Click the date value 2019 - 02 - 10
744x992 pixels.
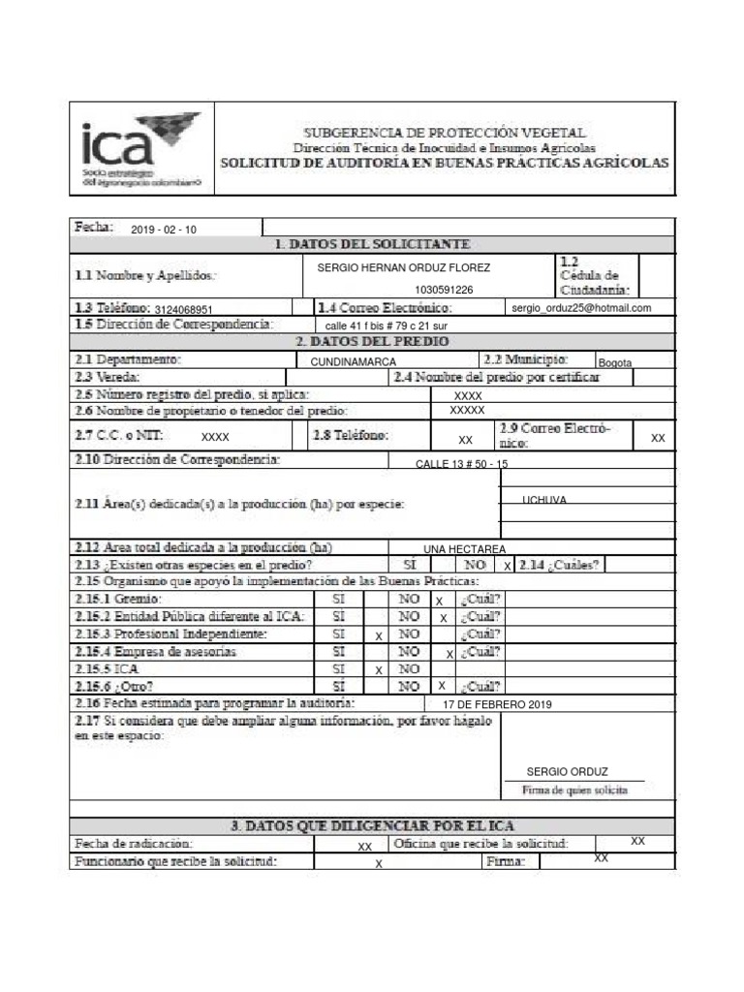[x=163, y=230]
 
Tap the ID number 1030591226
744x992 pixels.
[x=444, y=290]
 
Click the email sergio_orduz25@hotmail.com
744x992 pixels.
[x=581, y=308]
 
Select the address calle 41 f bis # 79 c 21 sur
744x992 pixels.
[x=387, y=325]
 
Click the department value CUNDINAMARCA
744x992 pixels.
[x=353, y=362]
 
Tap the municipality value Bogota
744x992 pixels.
[x=614, y=362]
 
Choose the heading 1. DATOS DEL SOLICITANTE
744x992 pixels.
[x=373, y=244]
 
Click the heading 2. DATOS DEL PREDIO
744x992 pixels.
[x=372, y=342]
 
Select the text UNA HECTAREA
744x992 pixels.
[x=464, y=548]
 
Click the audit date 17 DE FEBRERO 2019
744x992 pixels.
[x=495, y=704]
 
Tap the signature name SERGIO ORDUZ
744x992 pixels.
[x=567, y=772]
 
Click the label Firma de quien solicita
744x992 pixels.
[x=574, y=790]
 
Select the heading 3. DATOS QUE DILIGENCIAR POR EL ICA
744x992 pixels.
[x=372, y=826]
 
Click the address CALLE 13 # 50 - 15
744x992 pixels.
[x=461, y=465]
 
